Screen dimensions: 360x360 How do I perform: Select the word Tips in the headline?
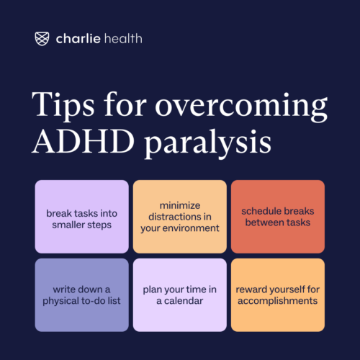[x=58, y=105]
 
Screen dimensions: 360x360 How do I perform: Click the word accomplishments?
[x=277, y=300]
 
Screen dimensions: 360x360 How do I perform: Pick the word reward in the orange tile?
[x=253, y=287]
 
